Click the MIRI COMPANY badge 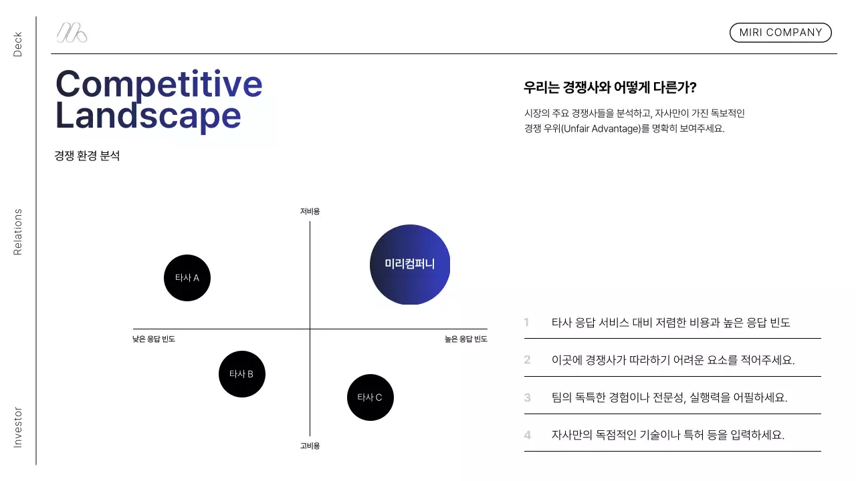780,33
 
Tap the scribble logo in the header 72,33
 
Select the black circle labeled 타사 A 187,278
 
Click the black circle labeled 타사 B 242,374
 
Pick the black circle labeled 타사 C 370,397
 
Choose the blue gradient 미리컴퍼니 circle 410,265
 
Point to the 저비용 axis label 310,211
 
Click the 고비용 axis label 310,446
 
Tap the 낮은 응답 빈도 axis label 154,339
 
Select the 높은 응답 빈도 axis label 466,339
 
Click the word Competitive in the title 159,84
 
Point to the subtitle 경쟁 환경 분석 87,156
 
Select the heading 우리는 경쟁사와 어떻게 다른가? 610,88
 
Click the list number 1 527,323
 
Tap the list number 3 527,397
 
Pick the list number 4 527,435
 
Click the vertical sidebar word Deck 18,44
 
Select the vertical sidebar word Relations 18,232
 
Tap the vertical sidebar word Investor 18,427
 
